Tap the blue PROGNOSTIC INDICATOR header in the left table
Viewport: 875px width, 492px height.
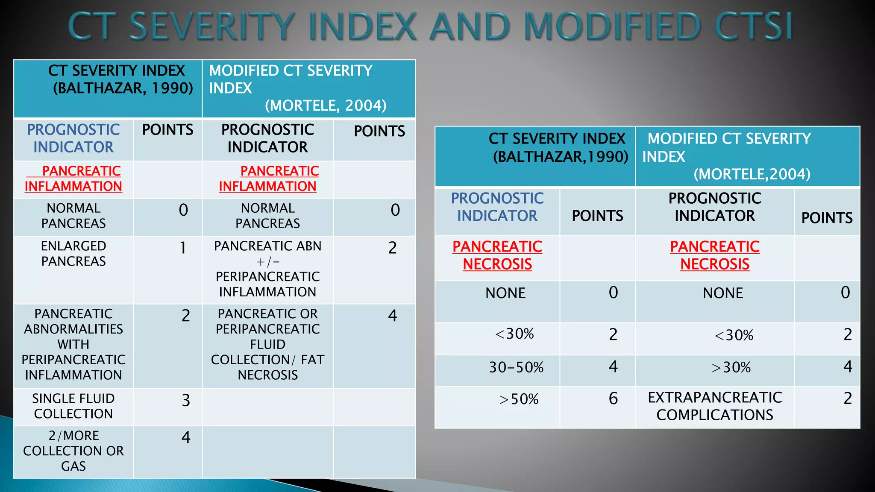coord(73,138)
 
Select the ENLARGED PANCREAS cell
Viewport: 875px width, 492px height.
coord(73,254)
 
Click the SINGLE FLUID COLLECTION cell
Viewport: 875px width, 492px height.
coord(73,406)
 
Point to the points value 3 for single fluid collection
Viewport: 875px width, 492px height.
coord(185,400)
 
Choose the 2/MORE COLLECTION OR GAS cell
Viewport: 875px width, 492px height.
coord(73,451)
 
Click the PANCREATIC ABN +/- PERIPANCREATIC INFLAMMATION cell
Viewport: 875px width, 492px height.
coord(268,269)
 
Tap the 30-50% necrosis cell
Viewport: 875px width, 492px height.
coord(516,367)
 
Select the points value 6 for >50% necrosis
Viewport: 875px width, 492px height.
coord(613,399)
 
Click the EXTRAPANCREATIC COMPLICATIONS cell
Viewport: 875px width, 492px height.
coord(715,406)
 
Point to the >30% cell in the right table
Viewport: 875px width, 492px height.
coord(731,367)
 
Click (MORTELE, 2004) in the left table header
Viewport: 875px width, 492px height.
coord(326,105)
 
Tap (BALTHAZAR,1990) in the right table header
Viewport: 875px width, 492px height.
coord(561,157)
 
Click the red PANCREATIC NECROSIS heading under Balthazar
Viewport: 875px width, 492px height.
coord(497,255)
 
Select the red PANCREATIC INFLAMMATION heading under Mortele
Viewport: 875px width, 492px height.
coord(268,179)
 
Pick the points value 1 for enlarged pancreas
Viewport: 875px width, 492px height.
coord(183,248)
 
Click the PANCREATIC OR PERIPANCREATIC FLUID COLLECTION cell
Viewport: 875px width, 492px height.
coord(268,344)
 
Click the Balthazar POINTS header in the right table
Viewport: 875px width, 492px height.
coord(597,216)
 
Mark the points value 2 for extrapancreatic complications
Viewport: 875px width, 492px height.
coord(848,398)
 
